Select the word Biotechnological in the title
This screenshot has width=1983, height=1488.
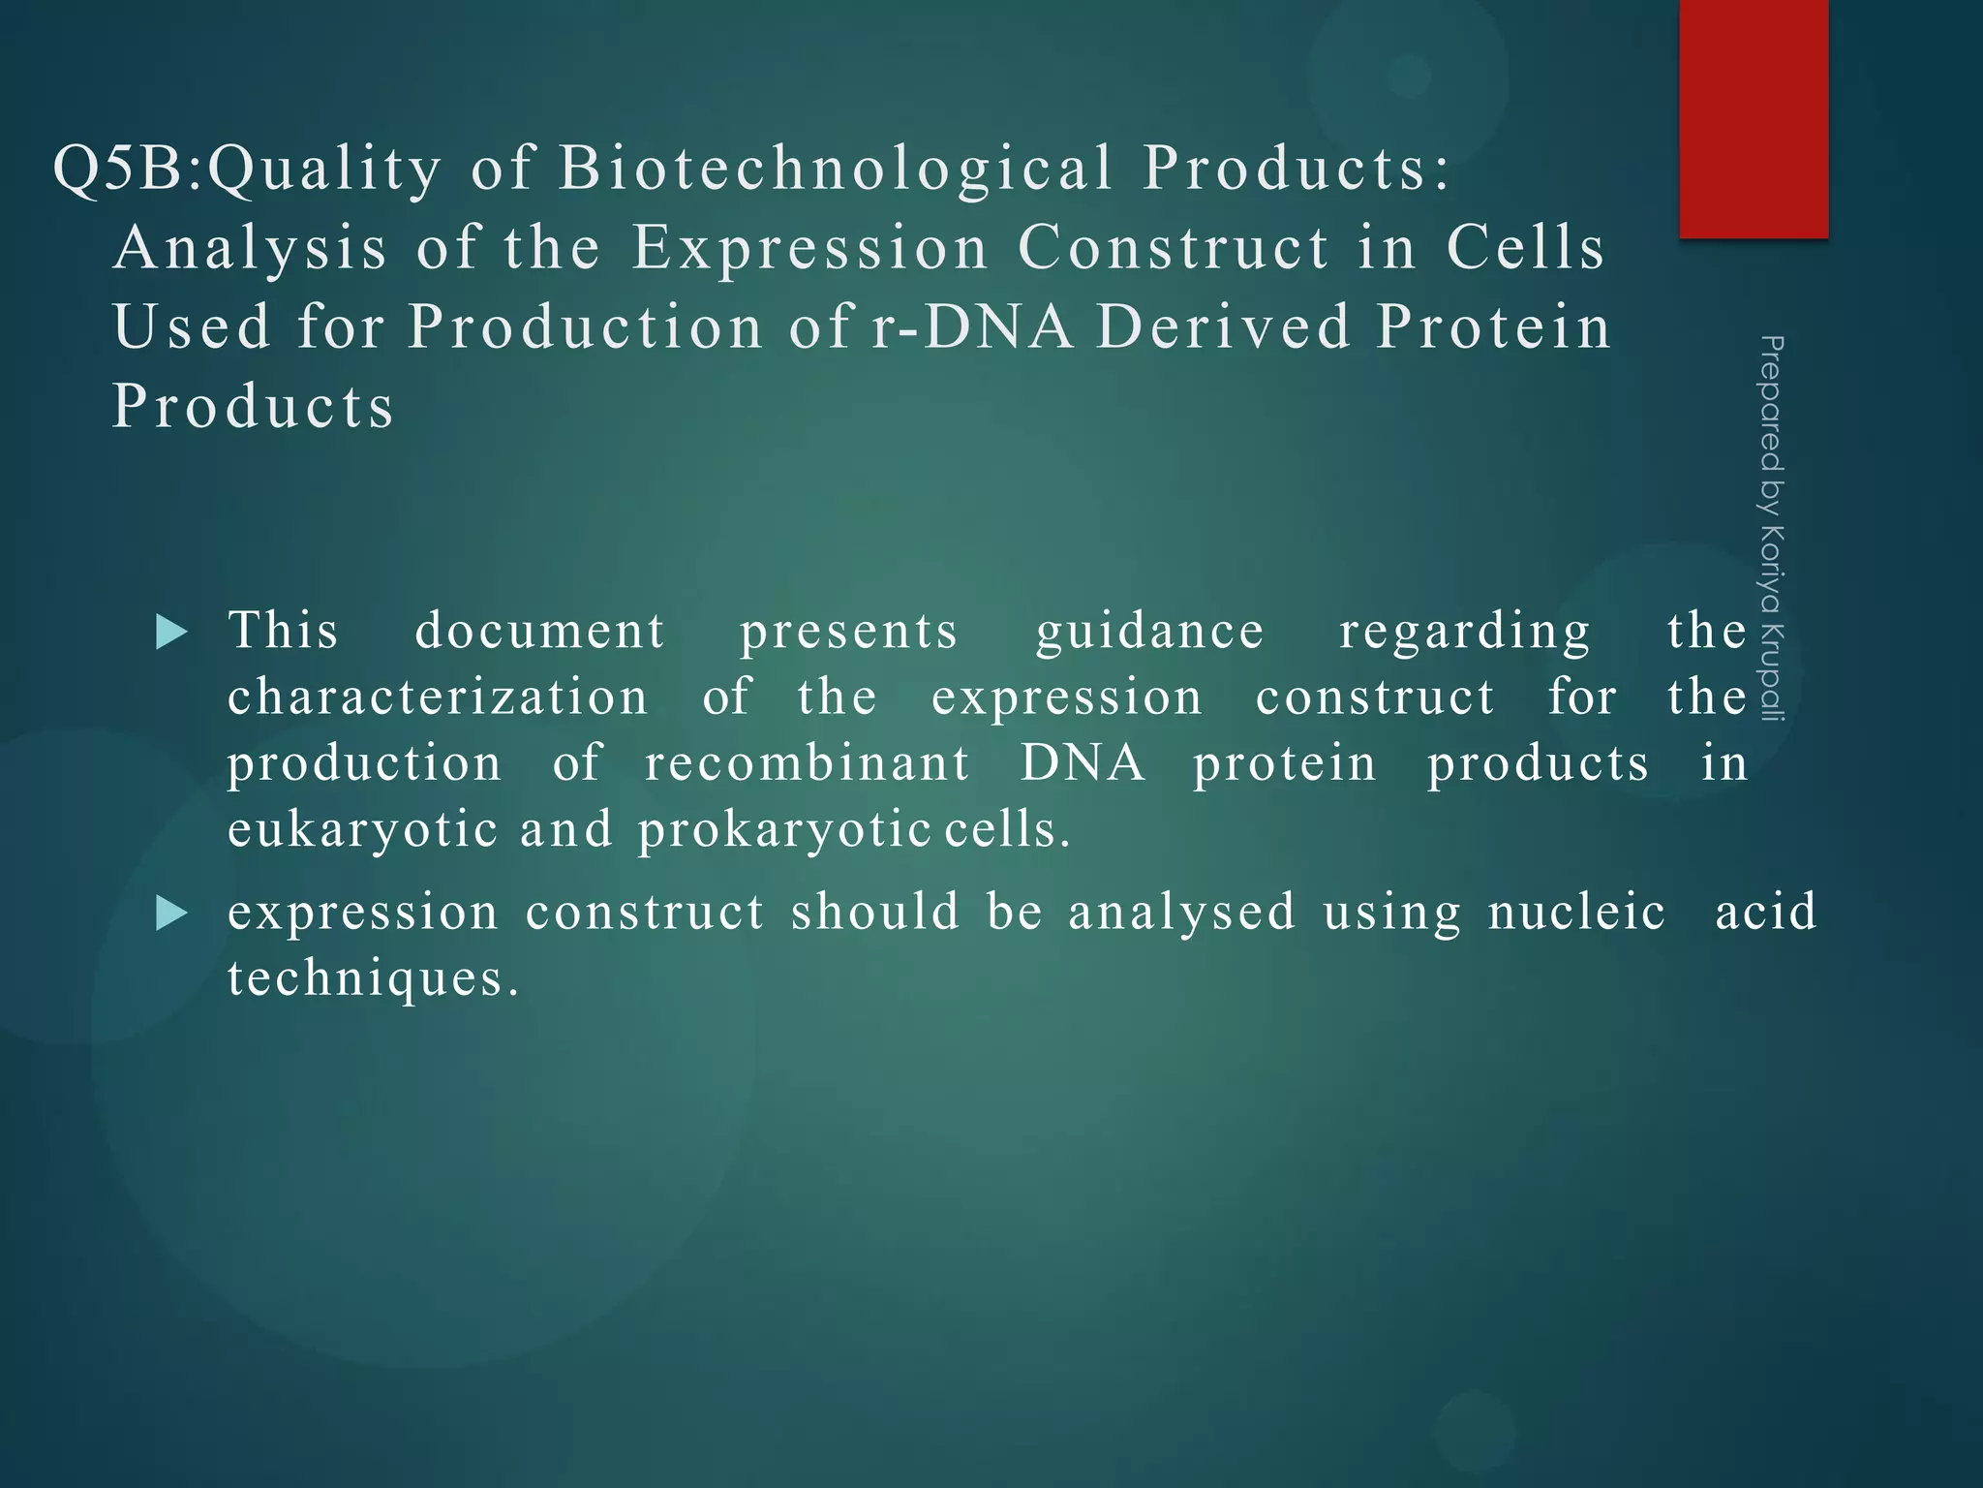tap(836, 169)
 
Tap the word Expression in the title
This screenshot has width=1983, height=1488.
tap(809, 248)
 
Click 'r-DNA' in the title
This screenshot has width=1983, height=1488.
tap(972, 326)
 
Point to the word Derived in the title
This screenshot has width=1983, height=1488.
tap(1224, 326)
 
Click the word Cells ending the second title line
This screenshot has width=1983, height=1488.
tap(1526, 248)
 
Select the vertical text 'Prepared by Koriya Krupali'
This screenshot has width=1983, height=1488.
tap(1771, 529)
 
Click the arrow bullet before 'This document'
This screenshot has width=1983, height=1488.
tap(171, 633)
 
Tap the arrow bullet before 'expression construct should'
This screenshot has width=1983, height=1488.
tap(171, 914)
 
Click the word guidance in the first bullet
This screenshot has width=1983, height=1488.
tap(1149, 633)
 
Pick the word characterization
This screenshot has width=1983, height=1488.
tap(438, 697)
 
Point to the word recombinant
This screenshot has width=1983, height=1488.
tap(807, 763)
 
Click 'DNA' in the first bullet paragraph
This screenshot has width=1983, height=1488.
tap(1083, 763)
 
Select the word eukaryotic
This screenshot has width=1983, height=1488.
tap(363, 830)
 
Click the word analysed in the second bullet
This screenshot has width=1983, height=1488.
tap(1181, 914)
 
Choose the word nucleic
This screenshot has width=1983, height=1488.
tap(1576, 914)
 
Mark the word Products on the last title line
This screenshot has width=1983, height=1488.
tap(253, 406)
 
